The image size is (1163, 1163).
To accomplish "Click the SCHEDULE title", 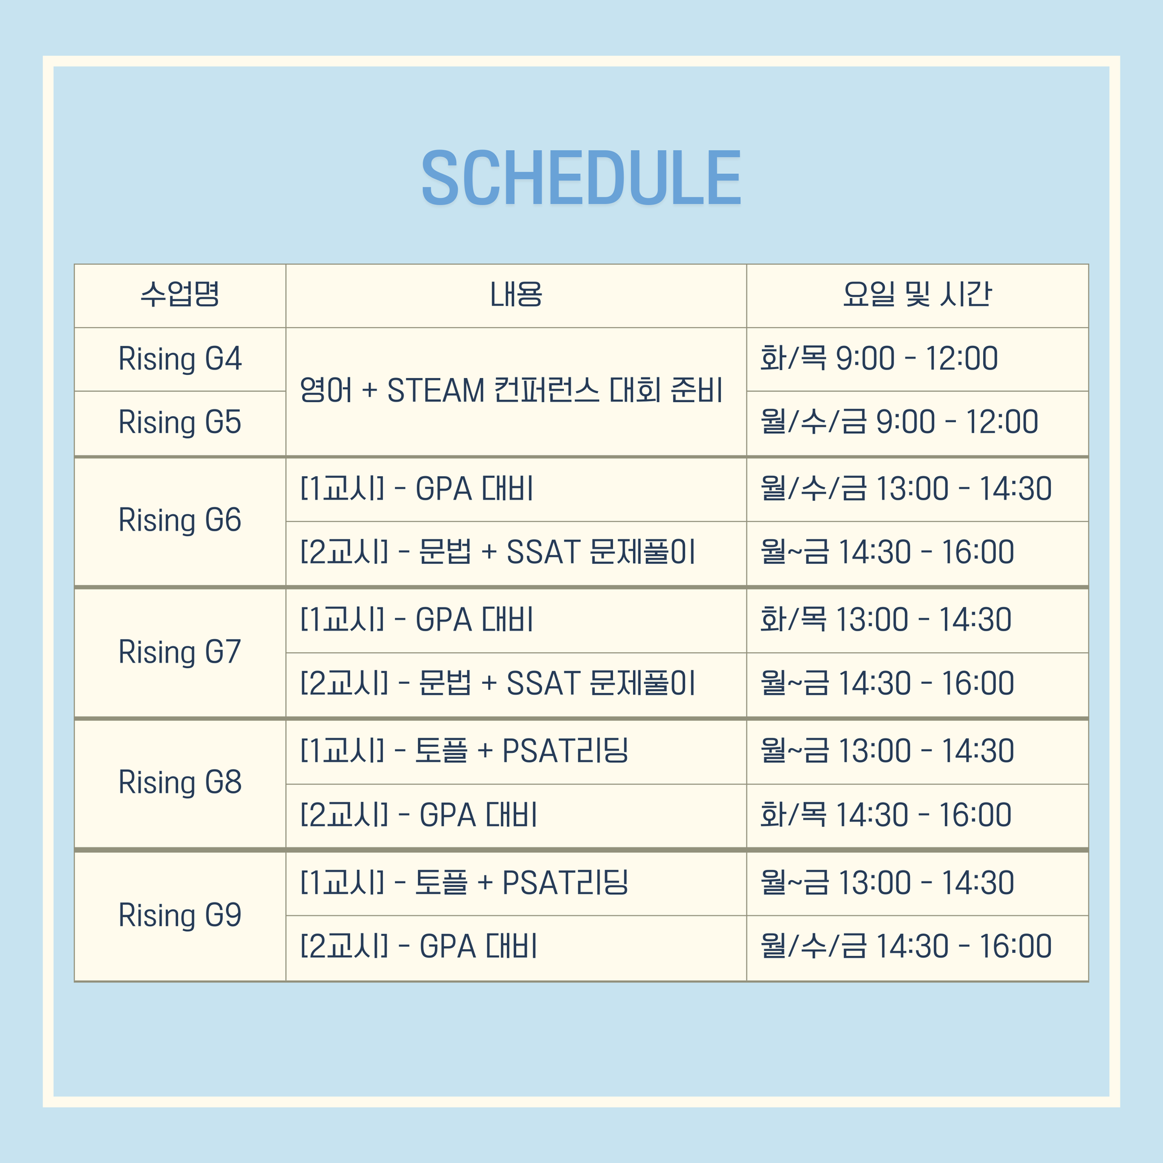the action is pos(581,178).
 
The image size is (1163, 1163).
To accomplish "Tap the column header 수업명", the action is pos(180,295).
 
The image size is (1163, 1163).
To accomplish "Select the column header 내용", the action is pos(516,295).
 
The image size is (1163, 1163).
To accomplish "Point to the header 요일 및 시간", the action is pos(917,295).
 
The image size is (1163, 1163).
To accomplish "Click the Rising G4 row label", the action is pos(180,359).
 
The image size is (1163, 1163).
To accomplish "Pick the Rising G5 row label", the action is pos(180,423).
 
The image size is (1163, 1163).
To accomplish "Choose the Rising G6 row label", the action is pos(180,521).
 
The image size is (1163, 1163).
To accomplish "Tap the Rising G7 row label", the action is pos(180,653).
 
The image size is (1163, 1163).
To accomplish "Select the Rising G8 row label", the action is pos(180,783).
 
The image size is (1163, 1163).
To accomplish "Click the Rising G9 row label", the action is pos(180,916).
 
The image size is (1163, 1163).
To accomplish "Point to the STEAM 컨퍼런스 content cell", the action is pos(511,390).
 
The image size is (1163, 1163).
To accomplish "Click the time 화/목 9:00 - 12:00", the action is pos(879,359).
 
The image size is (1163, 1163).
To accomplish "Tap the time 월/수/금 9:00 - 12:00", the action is pos(900,422).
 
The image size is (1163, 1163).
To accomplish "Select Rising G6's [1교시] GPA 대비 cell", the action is pos(417,489).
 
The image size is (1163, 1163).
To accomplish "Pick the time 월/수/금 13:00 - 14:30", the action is pos(906,489).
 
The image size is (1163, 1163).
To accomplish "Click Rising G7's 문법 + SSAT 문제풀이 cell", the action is pos(498,684).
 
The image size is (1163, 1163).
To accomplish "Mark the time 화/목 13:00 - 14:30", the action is pos(886,620).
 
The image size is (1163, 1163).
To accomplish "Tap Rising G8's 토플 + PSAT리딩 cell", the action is pos(464,751).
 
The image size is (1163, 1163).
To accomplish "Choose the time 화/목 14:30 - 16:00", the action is pos(886,815).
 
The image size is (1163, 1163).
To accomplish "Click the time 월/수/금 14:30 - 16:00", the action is pos(906,947).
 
